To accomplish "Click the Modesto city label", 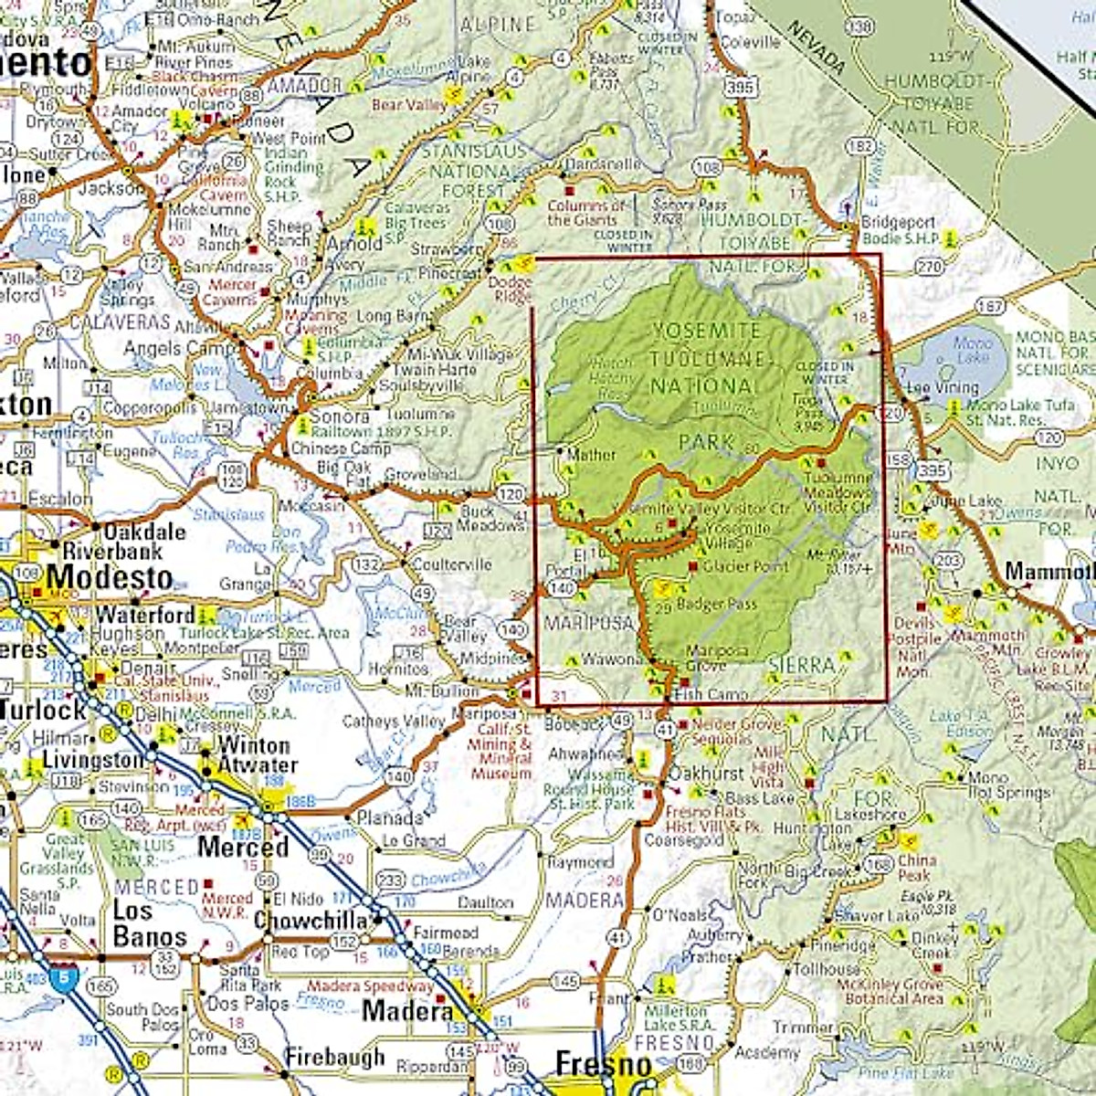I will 109,577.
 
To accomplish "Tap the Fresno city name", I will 603,1064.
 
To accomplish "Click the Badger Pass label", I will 718,604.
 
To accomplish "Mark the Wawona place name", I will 613,659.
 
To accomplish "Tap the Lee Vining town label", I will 943,388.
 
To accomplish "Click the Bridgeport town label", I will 899,223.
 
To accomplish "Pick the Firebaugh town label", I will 334,1058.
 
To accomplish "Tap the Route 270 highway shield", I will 929,267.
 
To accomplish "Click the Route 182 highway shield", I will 859,146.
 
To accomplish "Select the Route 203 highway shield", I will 948,560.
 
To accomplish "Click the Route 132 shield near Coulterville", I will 366,565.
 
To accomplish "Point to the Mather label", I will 591,454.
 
